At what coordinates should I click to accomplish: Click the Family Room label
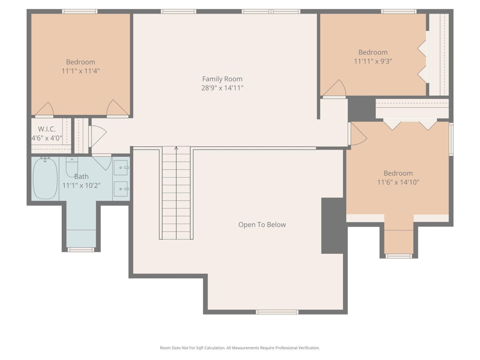(x=222, y=79)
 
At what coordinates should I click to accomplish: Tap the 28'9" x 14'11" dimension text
(x=222, y=88)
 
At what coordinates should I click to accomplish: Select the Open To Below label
(x=262, y=225)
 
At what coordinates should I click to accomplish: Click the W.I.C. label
(x=46, y=129)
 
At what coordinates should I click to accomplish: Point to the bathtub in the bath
(x=45, y=178)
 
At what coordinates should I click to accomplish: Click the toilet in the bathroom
(x=72, y=167)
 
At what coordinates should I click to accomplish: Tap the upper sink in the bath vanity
(x=121, y=168)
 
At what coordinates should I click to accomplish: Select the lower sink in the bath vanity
(x=121, y=189)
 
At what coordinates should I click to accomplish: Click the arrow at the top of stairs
(x=176, y=148)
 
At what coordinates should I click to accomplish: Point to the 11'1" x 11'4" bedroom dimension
(x=80, y=71)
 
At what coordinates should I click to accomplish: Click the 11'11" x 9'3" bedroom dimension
(x=373, y=61)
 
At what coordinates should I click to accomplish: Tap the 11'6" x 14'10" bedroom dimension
(x=398, y=182)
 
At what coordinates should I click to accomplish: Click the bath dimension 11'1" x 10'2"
(x=81, y=186)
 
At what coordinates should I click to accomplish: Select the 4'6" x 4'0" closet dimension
(x=47, y=138)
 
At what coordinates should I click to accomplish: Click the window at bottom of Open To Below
(x=277, y=312)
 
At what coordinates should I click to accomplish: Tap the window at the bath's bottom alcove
(x=81, y=250)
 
